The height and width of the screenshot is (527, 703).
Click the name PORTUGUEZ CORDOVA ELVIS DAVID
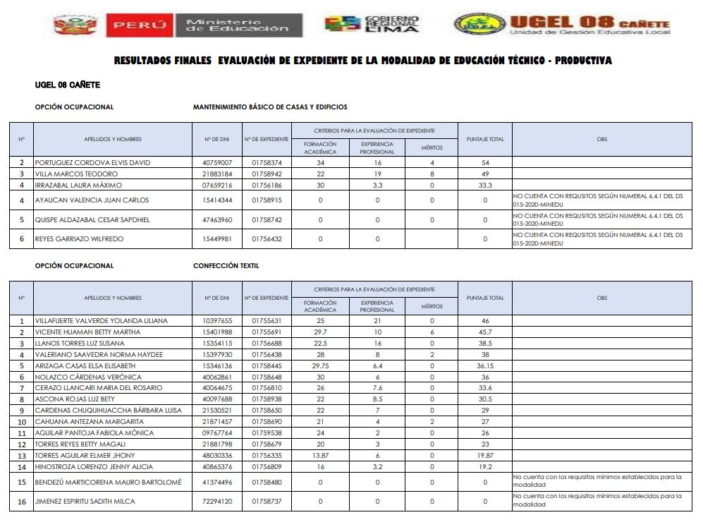click(x=92, y=163)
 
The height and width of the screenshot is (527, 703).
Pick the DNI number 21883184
click(x=217, y=174)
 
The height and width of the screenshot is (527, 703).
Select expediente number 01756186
click(x=267, y=186)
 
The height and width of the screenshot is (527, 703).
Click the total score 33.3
click(x=485, y=186)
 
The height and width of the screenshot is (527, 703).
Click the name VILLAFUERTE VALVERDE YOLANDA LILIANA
click(x=102, y=321)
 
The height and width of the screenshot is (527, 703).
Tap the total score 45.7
click(x=485, y=332)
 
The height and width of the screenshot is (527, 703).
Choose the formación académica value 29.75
click(x=320, y=366)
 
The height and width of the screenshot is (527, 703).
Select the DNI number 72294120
click(x=217, y=502)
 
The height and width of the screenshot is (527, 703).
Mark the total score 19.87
click(x=485, y=456)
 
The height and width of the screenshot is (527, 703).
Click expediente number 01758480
click(x=267, y=483)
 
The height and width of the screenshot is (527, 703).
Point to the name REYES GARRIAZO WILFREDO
click(x=79, y=239)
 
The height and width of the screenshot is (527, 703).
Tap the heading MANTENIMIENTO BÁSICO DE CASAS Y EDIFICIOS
click(x=270, y=107)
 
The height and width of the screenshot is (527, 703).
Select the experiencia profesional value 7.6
click(x=377, y=388)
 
